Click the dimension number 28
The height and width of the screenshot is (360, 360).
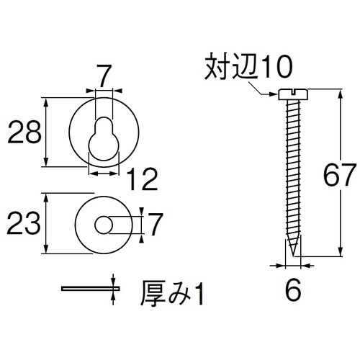coord(22,133)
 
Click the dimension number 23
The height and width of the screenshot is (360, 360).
coord(22,223)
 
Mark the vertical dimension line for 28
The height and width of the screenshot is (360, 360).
coord(48,133)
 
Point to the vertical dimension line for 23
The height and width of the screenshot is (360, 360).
coord(48,223)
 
